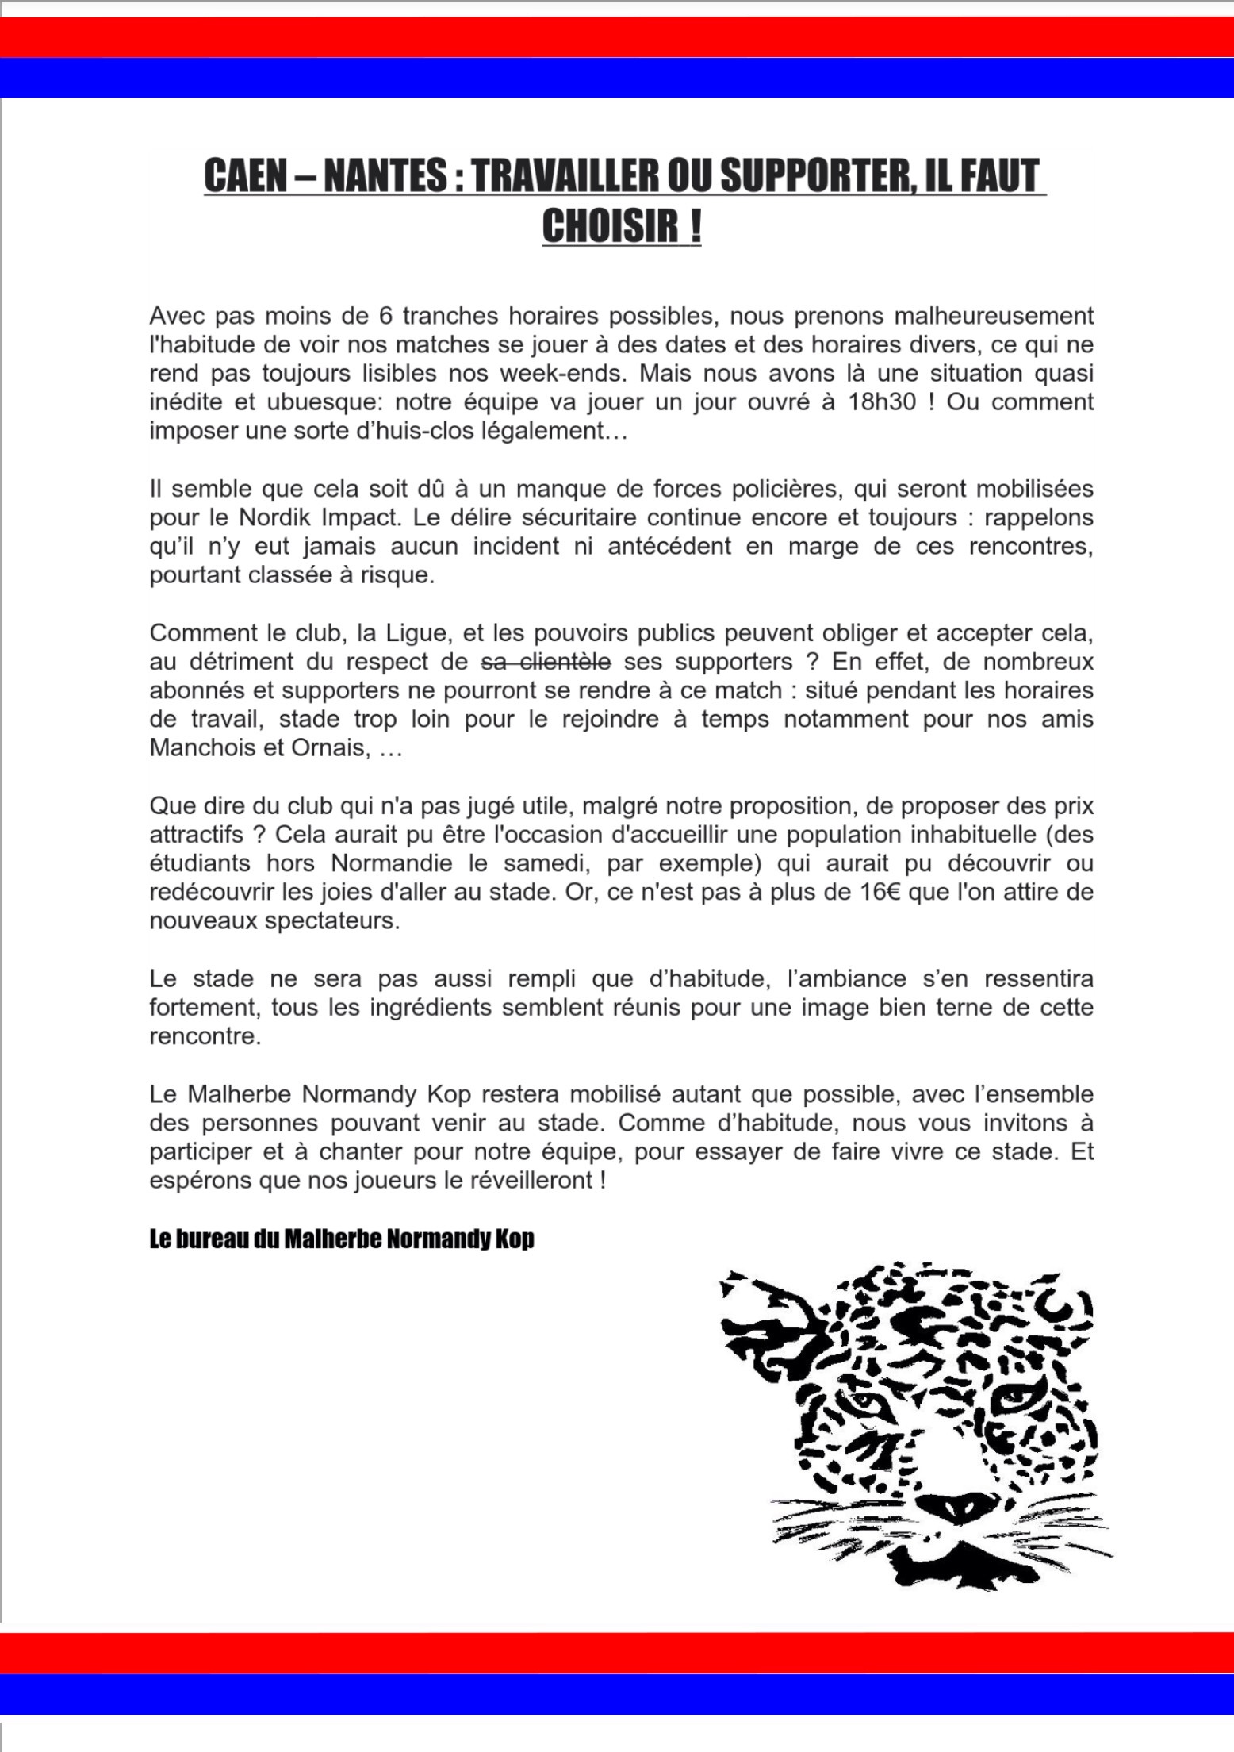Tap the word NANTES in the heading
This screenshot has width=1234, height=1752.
[x=385, y=176]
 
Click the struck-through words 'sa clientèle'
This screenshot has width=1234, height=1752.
[x=547, y=661]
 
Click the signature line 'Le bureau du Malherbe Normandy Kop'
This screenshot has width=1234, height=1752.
[x=341, y=1239]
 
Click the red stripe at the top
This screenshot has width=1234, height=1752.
[x=617, y=37]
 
